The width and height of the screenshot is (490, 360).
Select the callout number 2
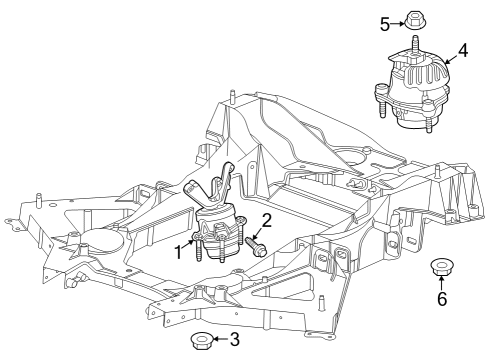[267, 220]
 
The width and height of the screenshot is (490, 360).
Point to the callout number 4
[463, 49]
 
